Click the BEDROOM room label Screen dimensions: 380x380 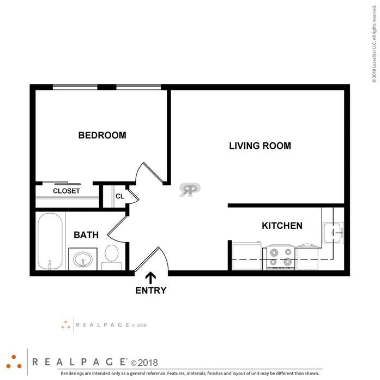tap(102, 135)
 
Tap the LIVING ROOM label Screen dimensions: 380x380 tap(260, 146)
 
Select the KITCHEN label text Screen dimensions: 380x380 tap(282, 226)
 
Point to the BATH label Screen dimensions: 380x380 tap(86, 235)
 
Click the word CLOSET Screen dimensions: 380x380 tap(67, 191)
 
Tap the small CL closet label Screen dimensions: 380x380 tap(120, 196)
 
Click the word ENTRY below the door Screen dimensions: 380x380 tap(150, 291)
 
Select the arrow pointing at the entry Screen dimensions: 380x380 tap(150, 278)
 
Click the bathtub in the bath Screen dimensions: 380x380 tap(50, 241)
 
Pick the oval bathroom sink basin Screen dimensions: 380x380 tap(83, 259)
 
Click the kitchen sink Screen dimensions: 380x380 tap(333, 233)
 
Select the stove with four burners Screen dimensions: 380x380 tap(281, 257)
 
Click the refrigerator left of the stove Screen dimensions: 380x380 tap(247, 256)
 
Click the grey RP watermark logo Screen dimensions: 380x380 tap(190, 189)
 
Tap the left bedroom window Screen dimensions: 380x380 tap(75, 87)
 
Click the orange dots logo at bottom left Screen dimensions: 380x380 tap(14, 363)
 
